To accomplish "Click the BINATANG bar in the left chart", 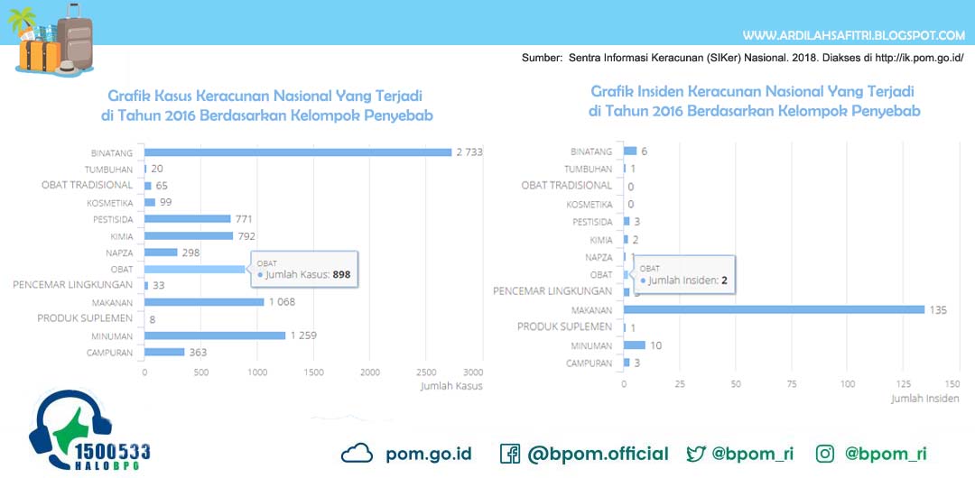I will pos(298,152).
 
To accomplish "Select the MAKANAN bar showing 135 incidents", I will pos(774,309).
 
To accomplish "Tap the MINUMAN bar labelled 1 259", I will pos(215,336).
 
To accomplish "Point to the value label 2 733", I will pos(469,152).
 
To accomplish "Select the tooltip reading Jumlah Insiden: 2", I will pos(683,275).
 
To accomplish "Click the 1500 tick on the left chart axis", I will pos(313,372).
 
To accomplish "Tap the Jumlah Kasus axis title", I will pos(451,386).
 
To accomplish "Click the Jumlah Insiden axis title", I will pos(925,398).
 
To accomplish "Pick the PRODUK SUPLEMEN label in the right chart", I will pos(564,326).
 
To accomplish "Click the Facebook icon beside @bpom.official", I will pos(509,454).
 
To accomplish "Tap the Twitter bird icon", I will pos(696,454).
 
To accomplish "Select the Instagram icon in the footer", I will pos(825,454).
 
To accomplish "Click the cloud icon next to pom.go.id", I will pos(357,454).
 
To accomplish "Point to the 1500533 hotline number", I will pos(114,451).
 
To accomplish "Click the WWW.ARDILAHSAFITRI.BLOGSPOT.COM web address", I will pos(853,36).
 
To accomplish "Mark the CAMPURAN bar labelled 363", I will pos(164,352).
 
